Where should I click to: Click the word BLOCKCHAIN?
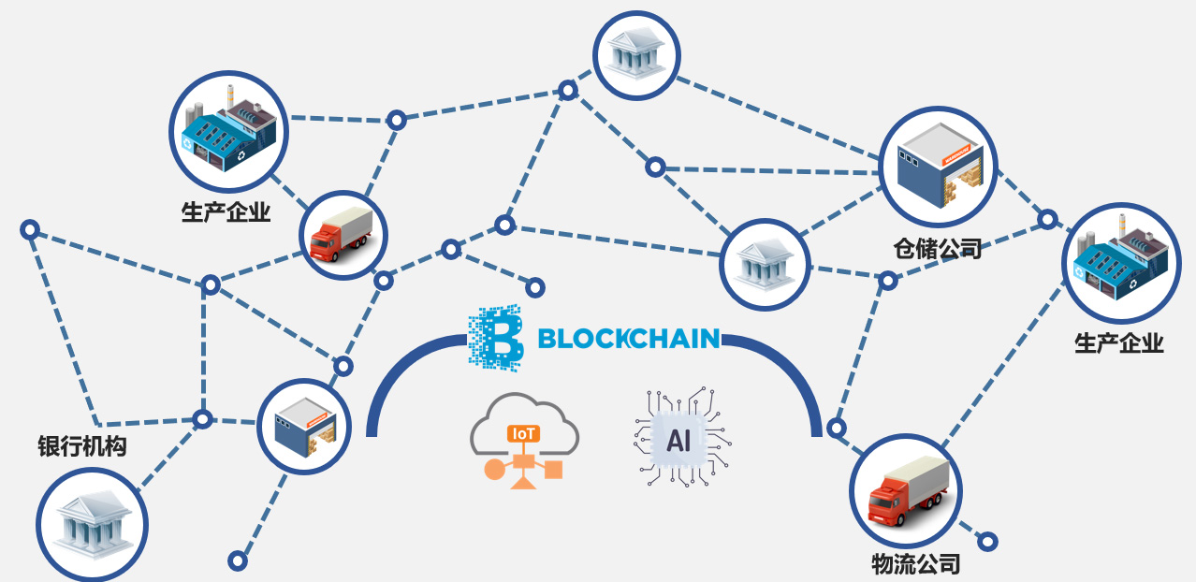click(629, 338)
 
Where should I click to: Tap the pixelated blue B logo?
click(495, 338)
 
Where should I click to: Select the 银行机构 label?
click(81, 446)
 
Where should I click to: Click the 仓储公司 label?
click(938, 249)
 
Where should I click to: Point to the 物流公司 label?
click(915, 564)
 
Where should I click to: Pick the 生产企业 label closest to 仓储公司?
click(1118, 343)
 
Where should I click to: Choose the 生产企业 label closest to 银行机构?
click(226, 212)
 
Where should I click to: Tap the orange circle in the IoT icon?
click(492, 469)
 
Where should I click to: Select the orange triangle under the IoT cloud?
click(522, 482)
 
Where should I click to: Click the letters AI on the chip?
click(678, 441)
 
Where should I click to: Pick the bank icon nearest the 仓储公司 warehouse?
click(763, 265)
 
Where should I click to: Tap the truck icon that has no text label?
click(343, 235)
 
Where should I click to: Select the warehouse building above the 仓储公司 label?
click(938, 167)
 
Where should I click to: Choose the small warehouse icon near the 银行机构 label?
click(303, 425)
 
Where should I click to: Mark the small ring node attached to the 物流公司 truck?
click(986, 541)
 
